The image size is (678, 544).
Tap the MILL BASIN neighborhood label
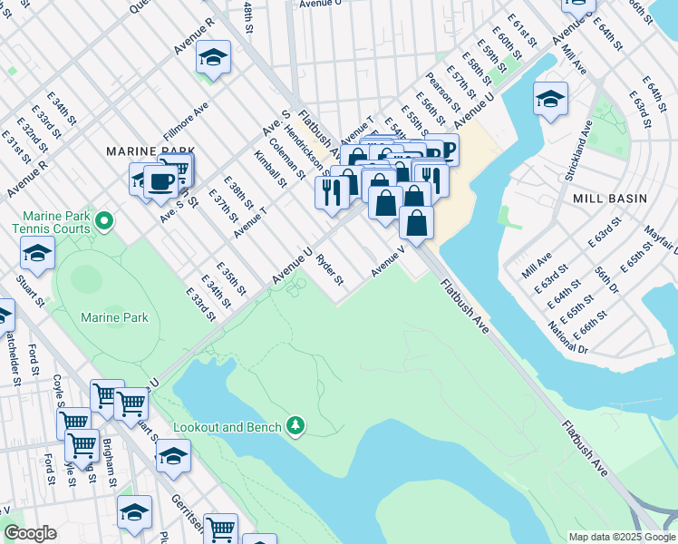click(x=608, y=198)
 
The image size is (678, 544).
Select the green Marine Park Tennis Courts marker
click(x=105, y=220)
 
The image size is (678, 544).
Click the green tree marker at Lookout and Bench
click(x=295, y=424)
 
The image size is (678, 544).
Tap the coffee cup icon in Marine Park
click(x=161, y=180)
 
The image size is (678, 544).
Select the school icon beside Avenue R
click(x=213, y=58)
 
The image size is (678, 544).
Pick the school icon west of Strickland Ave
click(x=550, y=99)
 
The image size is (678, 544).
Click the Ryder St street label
click(x=330, y=269)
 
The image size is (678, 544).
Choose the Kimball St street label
click(x=269, y=170)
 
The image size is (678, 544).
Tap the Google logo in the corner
click(x=30, y=533)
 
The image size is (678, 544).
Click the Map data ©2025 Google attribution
click(x=621, y=537)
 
